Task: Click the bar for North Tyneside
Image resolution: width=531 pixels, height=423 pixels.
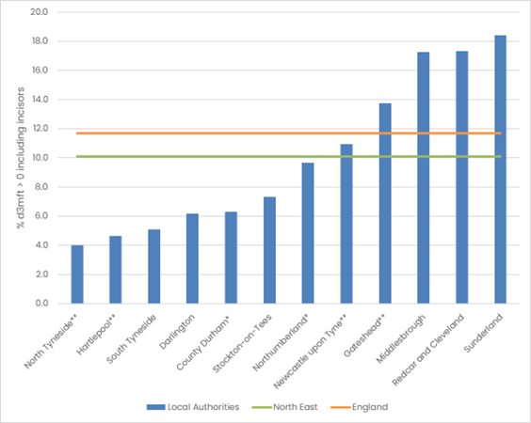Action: [77, 274]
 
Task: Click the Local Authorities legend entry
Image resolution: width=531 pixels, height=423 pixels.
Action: [193, 407]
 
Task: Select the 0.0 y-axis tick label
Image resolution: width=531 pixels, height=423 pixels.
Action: [41, 304]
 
